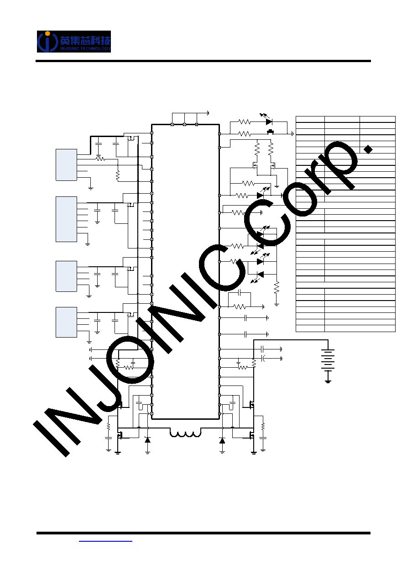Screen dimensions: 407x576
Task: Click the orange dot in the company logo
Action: [x=47, y=33]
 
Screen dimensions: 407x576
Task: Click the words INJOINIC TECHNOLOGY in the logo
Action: [x=85, y=48]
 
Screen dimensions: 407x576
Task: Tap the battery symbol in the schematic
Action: [x=328, y=360]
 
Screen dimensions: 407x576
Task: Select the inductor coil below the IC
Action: [x=185, y=434]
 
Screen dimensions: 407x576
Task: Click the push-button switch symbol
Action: [x=270, y=132]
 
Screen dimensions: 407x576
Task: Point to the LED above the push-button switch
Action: [x=269, y=122]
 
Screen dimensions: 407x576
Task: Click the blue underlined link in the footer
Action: [x=105, y=541]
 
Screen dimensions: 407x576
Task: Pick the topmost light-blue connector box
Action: [x=66, y=165]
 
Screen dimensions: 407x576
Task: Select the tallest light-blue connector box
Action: [x=66, y=219]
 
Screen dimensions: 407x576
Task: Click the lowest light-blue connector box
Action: [x=66, y=322]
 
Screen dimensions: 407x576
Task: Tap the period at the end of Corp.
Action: [x=368, y=149]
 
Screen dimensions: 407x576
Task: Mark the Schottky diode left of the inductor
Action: [x=147, y=440]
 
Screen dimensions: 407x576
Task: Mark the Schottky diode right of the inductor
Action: [x=222, y=441]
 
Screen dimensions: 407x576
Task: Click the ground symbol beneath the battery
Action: [x=328, y=381]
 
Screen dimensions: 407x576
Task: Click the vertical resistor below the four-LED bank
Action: [x=277, y=288]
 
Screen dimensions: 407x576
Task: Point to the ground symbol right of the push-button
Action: [x=292, y=134]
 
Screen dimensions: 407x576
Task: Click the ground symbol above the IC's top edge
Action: [x=208, y=113]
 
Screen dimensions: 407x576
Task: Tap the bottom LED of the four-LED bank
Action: [x=261, y=275]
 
